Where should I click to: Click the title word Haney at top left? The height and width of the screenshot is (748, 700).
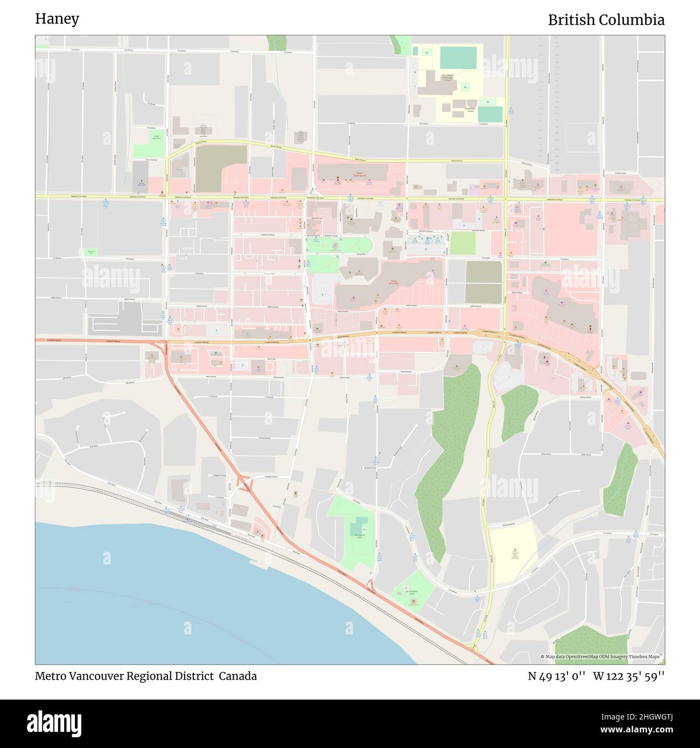click(57, 19)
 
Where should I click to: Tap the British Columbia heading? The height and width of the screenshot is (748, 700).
click(606, 20)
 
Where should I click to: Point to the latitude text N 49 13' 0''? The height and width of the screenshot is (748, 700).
click(557, 676)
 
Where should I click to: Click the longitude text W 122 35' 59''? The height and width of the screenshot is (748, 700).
click(629, 676)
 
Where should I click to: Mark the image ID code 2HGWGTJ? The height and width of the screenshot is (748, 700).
click(638, 717)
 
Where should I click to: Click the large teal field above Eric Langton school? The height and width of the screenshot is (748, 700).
click(458, 57)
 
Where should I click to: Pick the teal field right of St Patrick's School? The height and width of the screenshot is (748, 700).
click(490, 114)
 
